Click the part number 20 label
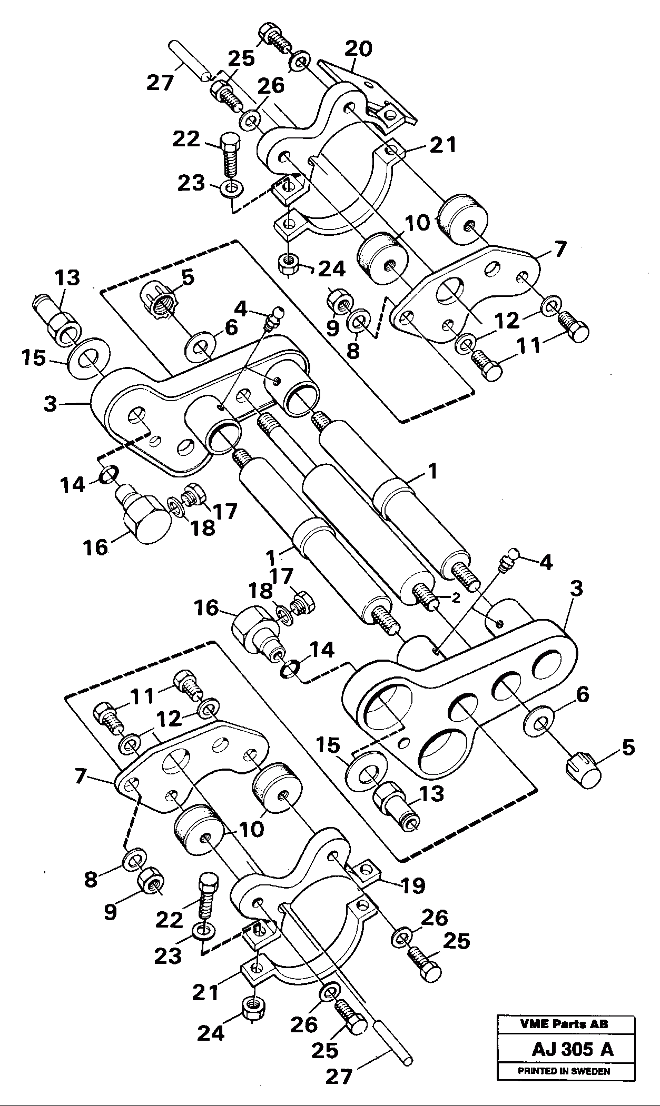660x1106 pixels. click(x=359, y=49)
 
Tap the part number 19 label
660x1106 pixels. click(x=412, y=885)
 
